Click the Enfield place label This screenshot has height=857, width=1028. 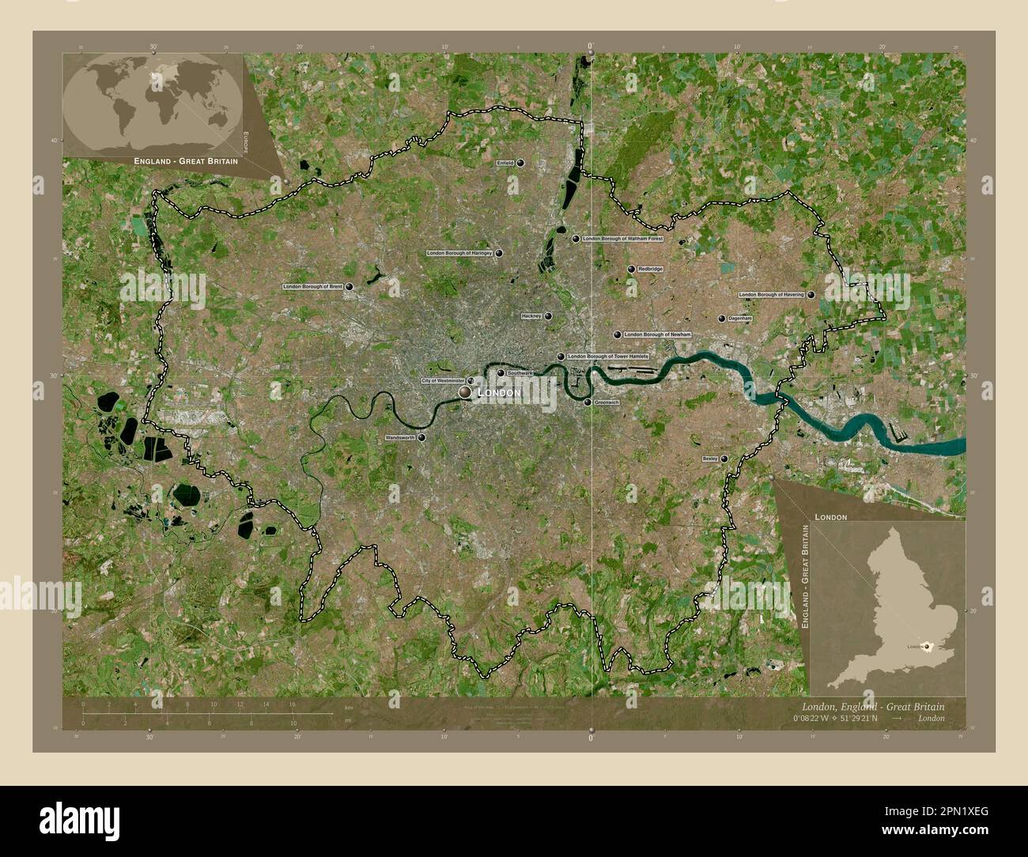[505, 163]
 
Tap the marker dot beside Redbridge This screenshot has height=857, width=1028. [631, 270]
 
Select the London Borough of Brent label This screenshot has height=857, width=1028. [313, 287]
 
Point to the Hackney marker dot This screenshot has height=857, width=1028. [547, 316]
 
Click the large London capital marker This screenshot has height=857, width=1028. [465, 392]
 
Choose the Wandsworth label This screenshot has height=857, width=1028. [400, 437]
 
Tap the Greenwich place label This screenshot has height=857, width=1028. [607, 402]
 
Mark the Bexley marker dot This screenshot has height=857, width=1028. [724, 459]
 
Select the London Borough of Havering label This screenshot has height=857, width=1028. [772, 294]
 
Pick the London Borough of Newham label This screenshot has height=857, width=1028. [657, 334]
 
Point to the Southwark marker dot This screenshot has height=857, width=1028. [501, 373]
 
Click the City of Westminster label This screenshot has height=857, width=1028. [443, 381]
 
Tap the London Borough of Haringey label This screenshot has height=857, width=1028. [459, 253]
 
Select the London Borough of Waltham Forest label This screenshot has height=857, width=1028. [622, 238]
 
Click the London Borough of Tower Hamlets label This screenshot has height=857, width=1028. [608, 357]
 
